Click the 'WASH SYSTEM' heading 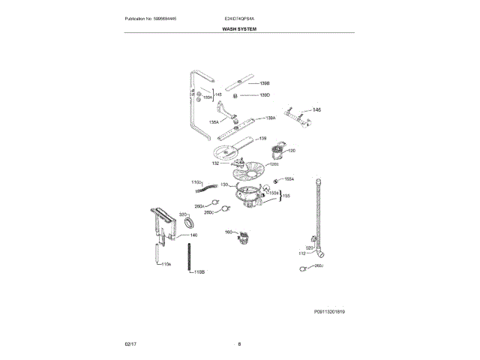[239, 27]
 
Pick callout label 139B [264, 83]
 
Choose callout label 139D [264, 95]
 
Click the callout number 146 [316, 110]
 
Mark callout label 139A [270, 118]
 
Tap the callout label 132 [215, 163]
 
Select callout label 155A [289, 179]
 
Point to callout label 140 [193, 235]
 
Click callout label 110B [199, 271]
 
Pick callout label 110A [166, 265]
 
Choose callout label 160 [229, 232]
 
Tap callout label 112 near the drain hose [302, 253]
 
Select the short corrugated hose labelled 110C [216, 186]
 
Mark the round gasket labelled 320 [189, 223]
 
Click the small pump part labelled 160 [243, 238]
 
